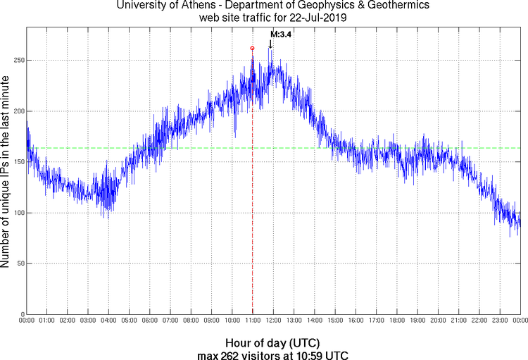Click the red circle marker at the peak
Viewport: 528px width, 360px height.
[x=252, y=48]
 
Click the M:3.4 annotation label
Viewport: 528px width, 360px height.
[x=282, y=34]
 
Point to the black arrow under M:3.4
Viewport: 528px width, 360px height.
[x=270, y=44]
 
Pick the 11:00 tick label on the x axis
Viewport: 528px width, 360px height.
[x=253, y=321]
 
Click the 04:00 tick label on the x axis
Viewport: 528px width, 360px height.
[x=108, y=321]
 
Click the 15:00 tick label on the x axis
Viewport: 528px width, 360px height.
[x=335, y=321]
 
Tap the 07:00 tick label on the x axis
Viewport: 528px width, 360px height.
[x=170, y=321]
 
